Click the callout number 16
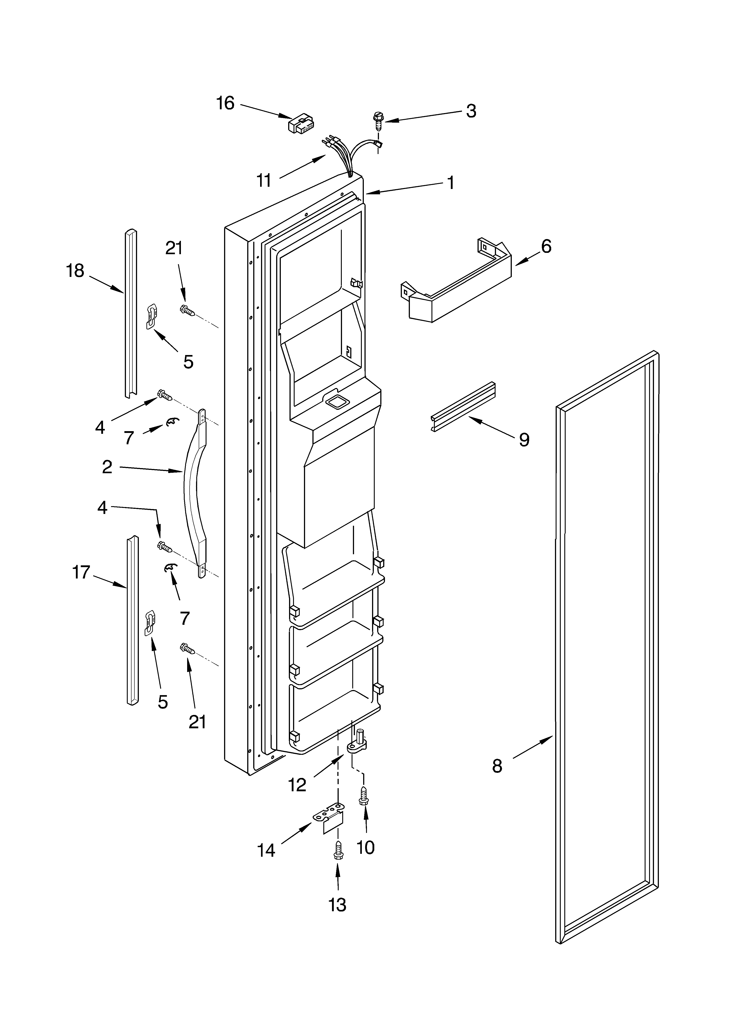pyautogui.click(x=225, y=104)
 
